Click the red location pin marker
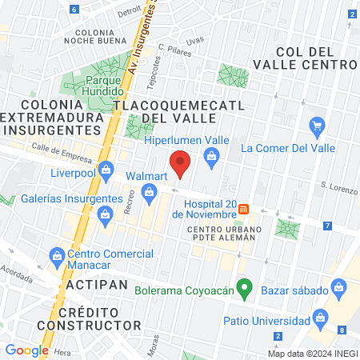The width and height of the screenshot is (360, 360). tap(181, 163)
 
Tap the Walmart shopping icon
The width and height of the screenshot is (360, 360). tap(149, 192)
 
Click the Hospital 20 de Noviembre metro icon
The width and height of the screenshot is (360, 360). tap(245, 209)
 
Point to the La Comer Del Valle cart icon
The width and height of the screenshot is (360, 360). tap(318, 126)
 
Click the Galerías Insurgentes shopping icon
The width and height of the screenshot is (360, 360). tap(104, 214)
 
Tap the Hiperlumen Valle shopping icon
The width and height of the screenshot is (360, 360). tap(211, 154)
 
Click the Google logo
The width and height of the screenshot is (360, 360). tap(27, 350)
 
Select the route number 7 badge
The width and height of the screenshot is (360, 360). tap(327, 226)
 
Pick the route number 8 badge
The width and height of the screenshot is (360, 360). tap(342, 330)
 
